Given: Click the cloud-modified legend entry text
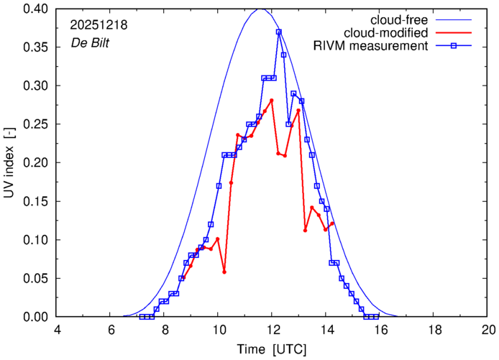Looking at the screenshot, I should [x=386, y=33].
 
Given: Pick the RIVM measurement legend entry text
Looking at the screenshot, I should [x=371, y=47].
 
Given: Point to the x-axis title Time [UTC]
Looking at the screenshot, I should [x=273, y=349].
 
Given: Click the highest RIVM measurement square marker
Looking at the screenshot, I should [x=278, y=32].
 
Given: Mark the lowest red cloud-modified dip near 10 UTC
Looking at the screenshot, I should [x=224, y=272].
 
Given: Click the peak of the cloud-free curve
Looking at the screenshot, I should [x=260, y=9].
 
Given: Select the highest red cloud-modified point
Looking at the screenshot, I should [x=272, y=101].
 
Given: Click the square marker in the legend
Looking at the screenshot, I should [x=459, y=47].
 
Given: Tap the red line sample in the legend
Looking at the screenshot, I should [x=459, y=33].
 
